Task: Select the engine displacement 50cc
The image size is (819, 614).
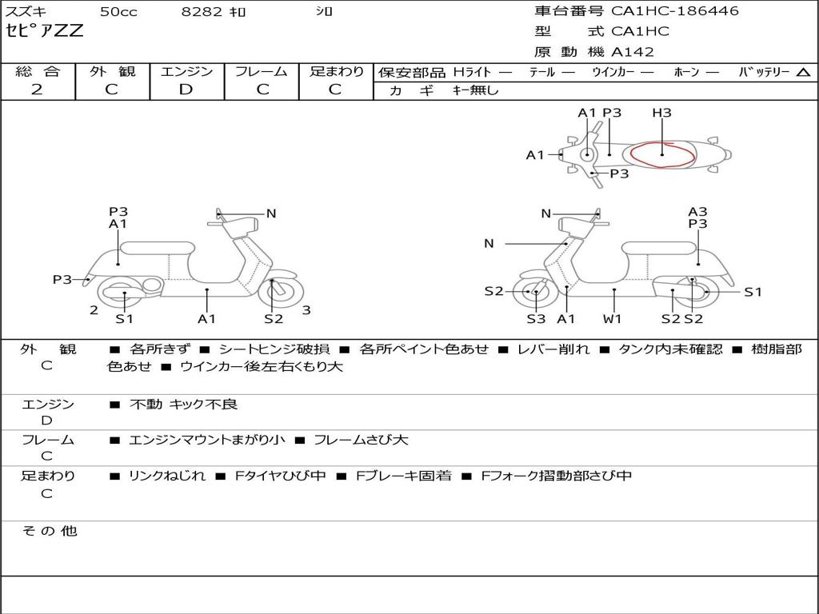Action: (x=118, y=12)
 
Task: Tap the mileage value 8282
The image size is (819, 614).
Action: (x=198, y=12)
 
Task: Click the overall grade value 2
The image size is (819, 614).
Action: (x=38, y=90)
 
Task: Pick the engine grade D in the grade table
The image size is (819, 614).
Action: (x=186, y=90)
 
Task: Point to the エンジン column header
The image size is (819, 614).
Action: (x=186, y=71)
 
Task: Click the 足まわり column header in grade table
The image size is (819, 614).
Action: (x=337, y=71)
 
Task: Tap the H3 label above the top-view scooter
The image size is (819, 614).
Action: (x=661, y=114)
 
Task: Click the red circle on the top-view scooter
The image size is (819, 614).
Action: (x=662, y=154)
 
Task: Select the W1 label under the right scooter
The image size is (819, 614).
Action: (x=613, y=319)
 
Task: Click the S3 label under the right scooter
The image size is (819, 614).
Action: (x=536, y=319)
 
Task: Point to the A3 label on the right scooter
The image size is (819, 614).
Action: (x=697, y=212)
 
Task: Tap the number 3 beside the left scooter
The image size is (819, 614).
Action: (x=306, y=310)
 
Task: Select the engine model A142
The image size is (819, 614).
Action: (x=633, y=52)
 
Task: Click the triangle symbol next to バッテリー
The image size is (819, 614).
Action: (x=803, y=72)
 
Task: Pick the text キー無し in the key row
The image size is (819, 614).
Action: (x=475, y=90)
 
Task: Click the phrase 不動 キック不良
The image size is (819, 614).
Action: (x=184, y=405)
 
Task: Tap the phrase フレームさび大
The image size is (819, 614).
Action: (x=361, y=440)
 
